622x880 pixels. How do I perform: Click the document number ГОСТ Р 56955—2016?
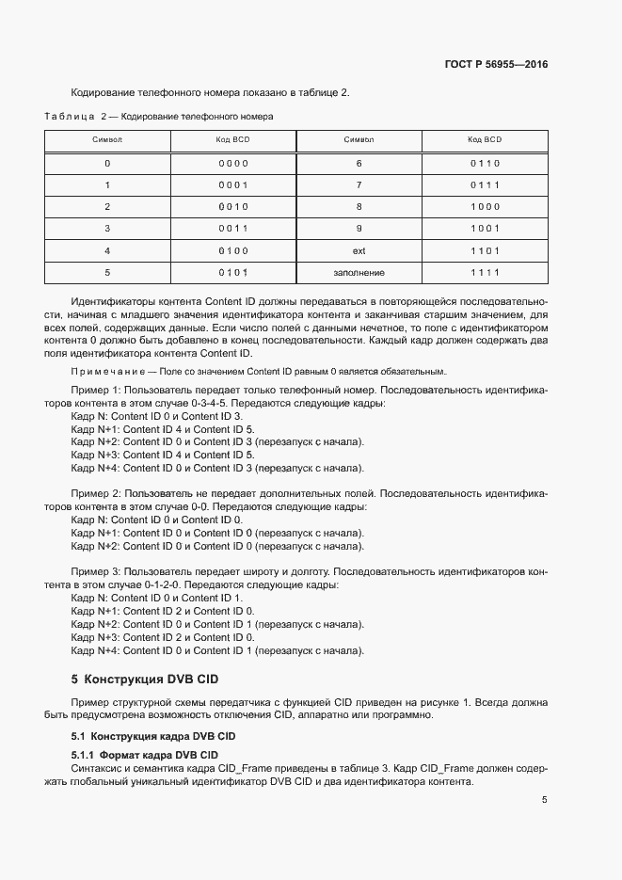click(495, 65)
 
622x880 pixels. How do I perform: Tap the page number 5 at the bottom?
click(544, 800)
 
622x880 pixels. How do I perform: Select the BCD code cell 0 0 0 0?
click(232, 163)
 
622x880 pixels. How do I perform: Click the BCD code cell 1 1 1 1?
click(485, 273)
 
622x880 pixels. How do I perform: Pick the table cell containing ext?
click(359, 250)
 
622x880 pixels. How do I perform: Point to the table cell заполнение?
click(359, 273)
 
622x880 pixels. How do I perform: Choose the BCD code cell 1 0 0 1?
click(485, 229)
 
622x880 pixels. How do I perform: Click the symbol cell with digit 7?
click(359, 184)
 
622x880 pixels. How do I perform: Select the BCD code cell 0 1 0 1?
click(232, 273)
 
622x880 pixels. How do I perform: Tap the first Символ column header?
click(107, 139)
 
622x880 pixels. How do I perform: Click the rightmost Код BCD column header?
click(485, 139)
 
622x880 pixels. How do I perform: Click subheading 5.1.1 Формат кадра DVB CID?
click(144, 755)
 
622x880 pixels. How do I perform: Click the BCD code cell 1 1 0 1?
click(485, 250)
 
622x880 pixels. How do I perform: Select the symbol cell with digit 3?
click(107, 229)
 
